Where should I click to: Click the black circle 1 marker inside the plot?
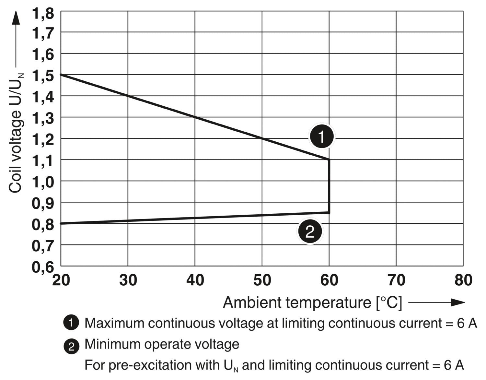321,137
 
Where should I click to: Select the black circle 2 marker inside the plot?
310,232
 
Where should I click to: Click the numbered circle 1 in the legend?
71,323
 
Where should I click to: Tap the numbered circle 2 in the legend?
71,346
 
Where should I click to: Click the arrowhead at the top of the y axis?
16,18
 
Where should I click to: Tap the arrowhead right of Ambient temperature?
457,303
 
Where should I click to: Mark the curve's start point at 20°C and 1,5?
61,75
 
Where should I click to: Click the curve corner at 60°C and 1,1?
329,160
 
